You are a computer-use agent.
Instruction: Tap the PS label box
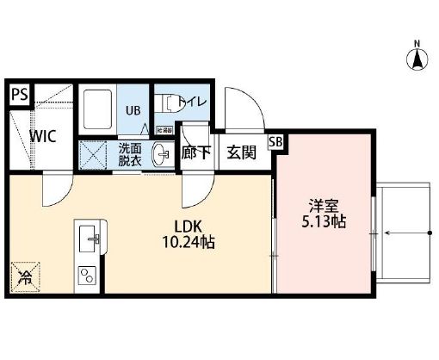(19, 94)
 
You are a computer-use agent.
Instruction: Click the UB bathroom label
(133, 109)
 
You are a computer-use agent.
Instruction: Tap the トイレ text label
(193, 102)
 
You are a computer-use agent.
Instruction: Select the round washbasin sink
(160, 156)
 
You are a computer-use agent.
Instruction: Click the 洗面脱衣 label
(132, 154)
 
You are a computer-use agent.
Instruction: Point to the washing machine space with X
(94, 155)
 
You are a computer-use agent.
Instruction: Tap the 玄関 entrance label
(241, 152)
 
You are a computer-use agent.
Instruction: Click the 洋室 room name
(325, 206)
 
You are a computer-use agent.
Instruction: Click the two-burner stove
(88, 275)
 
